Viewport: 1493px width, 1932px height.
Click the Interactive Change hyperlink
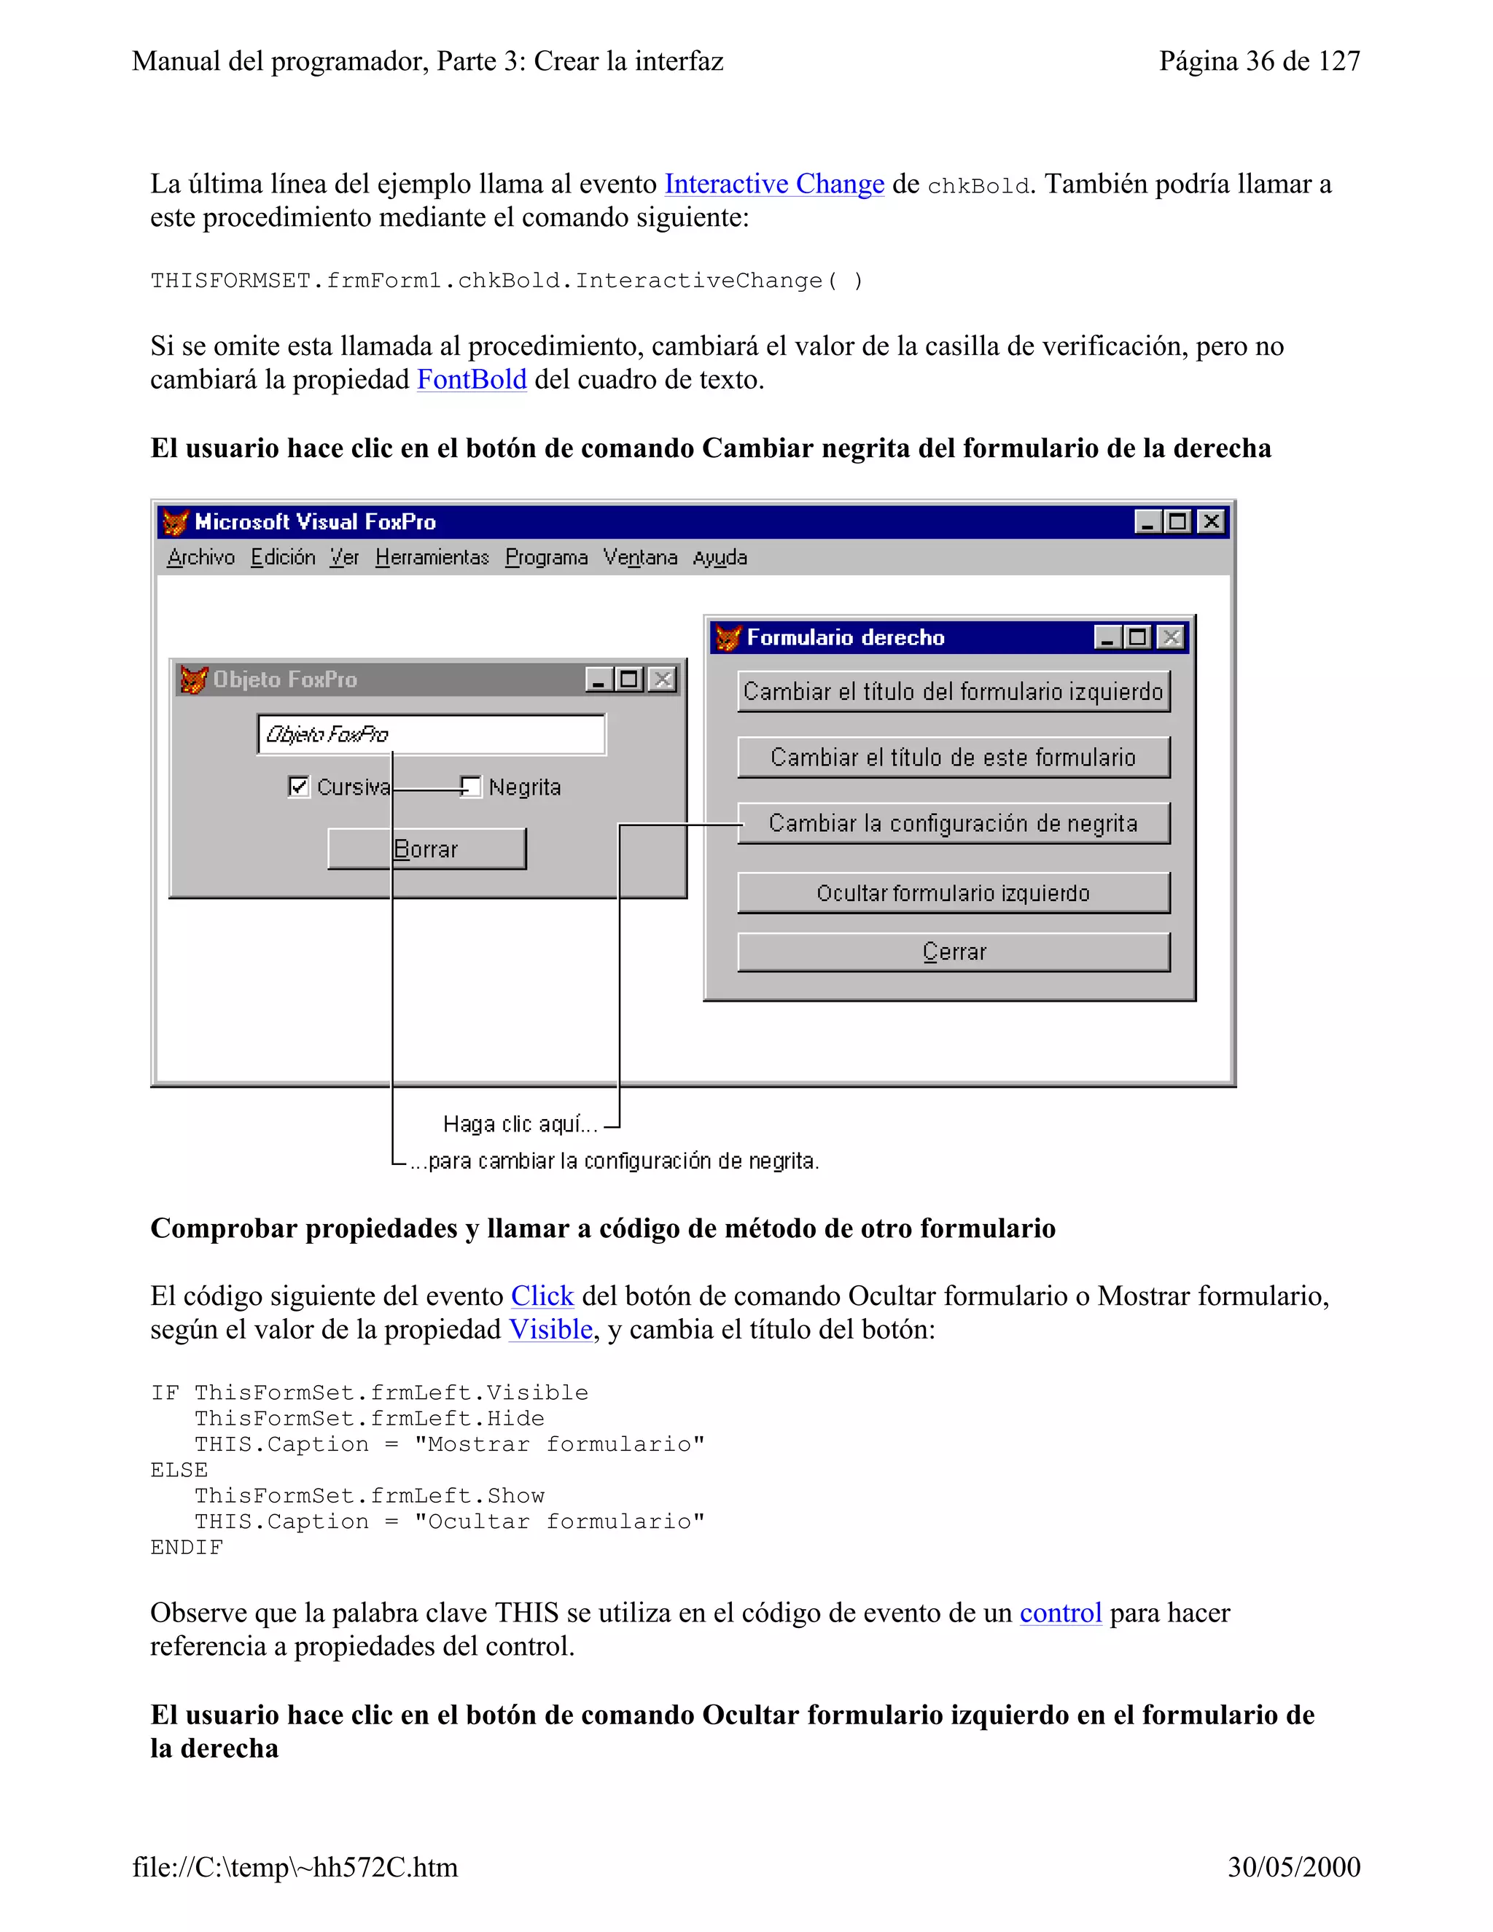click(x=774, y=184)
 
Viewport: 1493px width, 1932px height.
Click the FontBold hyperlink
click(x=472, y=380)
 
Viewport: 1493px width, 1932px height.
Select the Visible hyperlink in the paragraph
click(x=550, y=1330)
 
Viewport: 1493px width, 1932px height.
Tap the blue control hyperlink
click(x=1061, y=1613)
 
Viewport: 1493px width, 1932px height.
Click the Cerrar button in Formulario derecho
click(x=954, y=952)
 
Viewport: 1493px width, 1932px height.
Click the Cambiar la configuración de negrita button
click(x=954, y=824)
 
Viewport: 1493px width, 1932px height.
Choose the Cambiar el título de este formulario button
click(x=954, y=757)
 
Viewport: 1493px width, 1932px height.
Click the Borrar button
click(x=426, y=849)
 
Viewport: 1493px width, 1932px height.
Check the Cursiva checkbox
click(x=299, y=787)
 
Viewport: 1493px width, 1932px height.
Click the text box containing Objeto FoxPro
click(x=432, y=734)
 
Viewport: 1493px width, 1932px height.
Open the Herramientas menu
click(x=432, y=557)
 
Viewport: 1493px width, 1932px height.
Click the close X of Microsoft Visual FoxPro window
click(x=1211, y=522)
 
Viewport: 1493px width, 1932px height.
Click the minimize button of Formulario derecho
click(x=1107, y=637)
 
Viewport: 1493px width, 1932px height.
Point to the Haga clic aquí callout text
click(x=520, y=1124)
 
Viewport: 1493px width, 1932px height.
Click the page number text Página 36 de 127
click(x=1260, y=61)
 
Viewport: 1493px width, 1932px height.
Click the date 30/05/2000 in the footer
click(x=1293, y=1866)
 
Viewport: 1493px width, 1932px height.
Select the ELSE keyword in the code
click(x=179, y=1471)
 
